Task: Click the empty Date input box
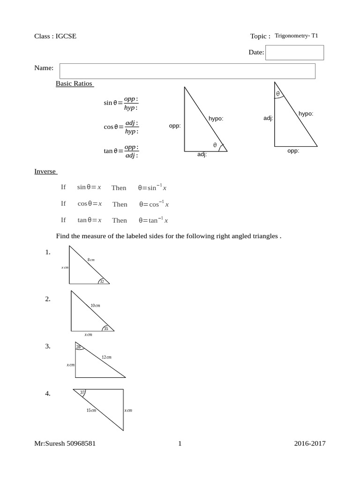click(295, 52)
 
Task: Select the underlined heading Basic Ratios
click(75, 83)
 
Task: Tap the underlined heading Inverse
click(45, 171)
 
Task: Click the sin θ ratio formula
click(121, 103)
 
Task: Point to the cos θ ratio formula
click(121, 127)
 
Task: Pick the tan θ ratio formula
click(121, 151)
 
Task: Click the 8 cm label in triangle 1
click(91, 259)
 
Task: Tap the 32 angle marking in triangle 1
click(101, 281)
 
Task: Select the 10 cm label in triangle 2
click(95, 305)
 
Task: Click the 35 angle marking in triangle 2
click(105, 329)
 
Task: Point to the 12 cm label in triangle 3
click(106, 357)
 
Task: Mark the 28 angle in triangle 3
click(78, 347)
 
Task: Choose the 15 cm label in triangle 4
click(91, 411)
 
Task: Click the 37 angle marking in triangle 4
click(82, 392)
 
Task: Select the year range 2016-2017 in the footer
click(310, 443)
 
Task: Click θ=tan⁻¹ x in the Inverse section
click(153, 220)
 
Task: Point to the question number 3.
click(48, 346)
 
